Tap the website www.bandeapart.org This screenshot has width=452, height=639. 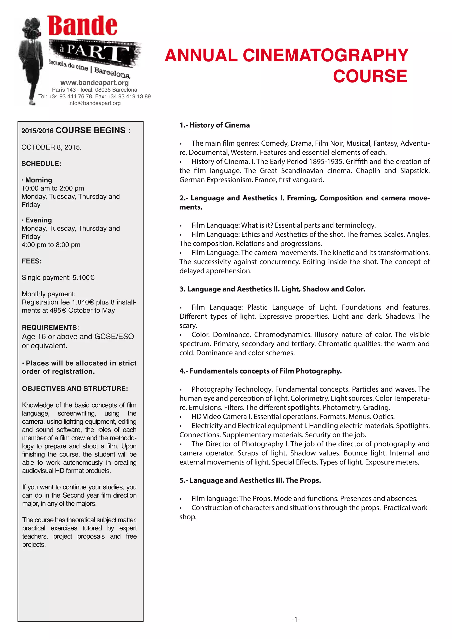(x=94, y=83)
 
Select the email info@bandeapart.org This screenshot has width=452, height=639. (x=94, y=103)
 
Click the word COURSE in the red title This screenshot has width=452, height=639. (x=370, y=76)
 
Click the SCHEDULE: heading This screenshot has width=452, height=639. (x=41, y=164)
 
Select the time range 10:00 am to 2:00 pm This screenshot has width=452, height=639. (x=53, y=188)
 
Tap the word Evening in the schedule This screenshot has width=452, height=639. (x=38, y=220)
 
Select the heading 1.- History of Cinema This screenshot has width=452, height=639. (x=215, y=125)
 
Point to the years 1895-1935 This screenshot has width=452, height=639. (x=324, y=162)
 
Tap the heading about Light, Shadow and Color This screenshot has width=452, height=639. (x=272, y=289)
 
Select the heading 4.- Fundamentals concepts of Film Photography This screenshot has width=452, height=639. (x=260, y=371)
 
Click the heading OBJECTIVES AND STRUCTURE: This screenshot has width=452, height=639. (x=75, y=389)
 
